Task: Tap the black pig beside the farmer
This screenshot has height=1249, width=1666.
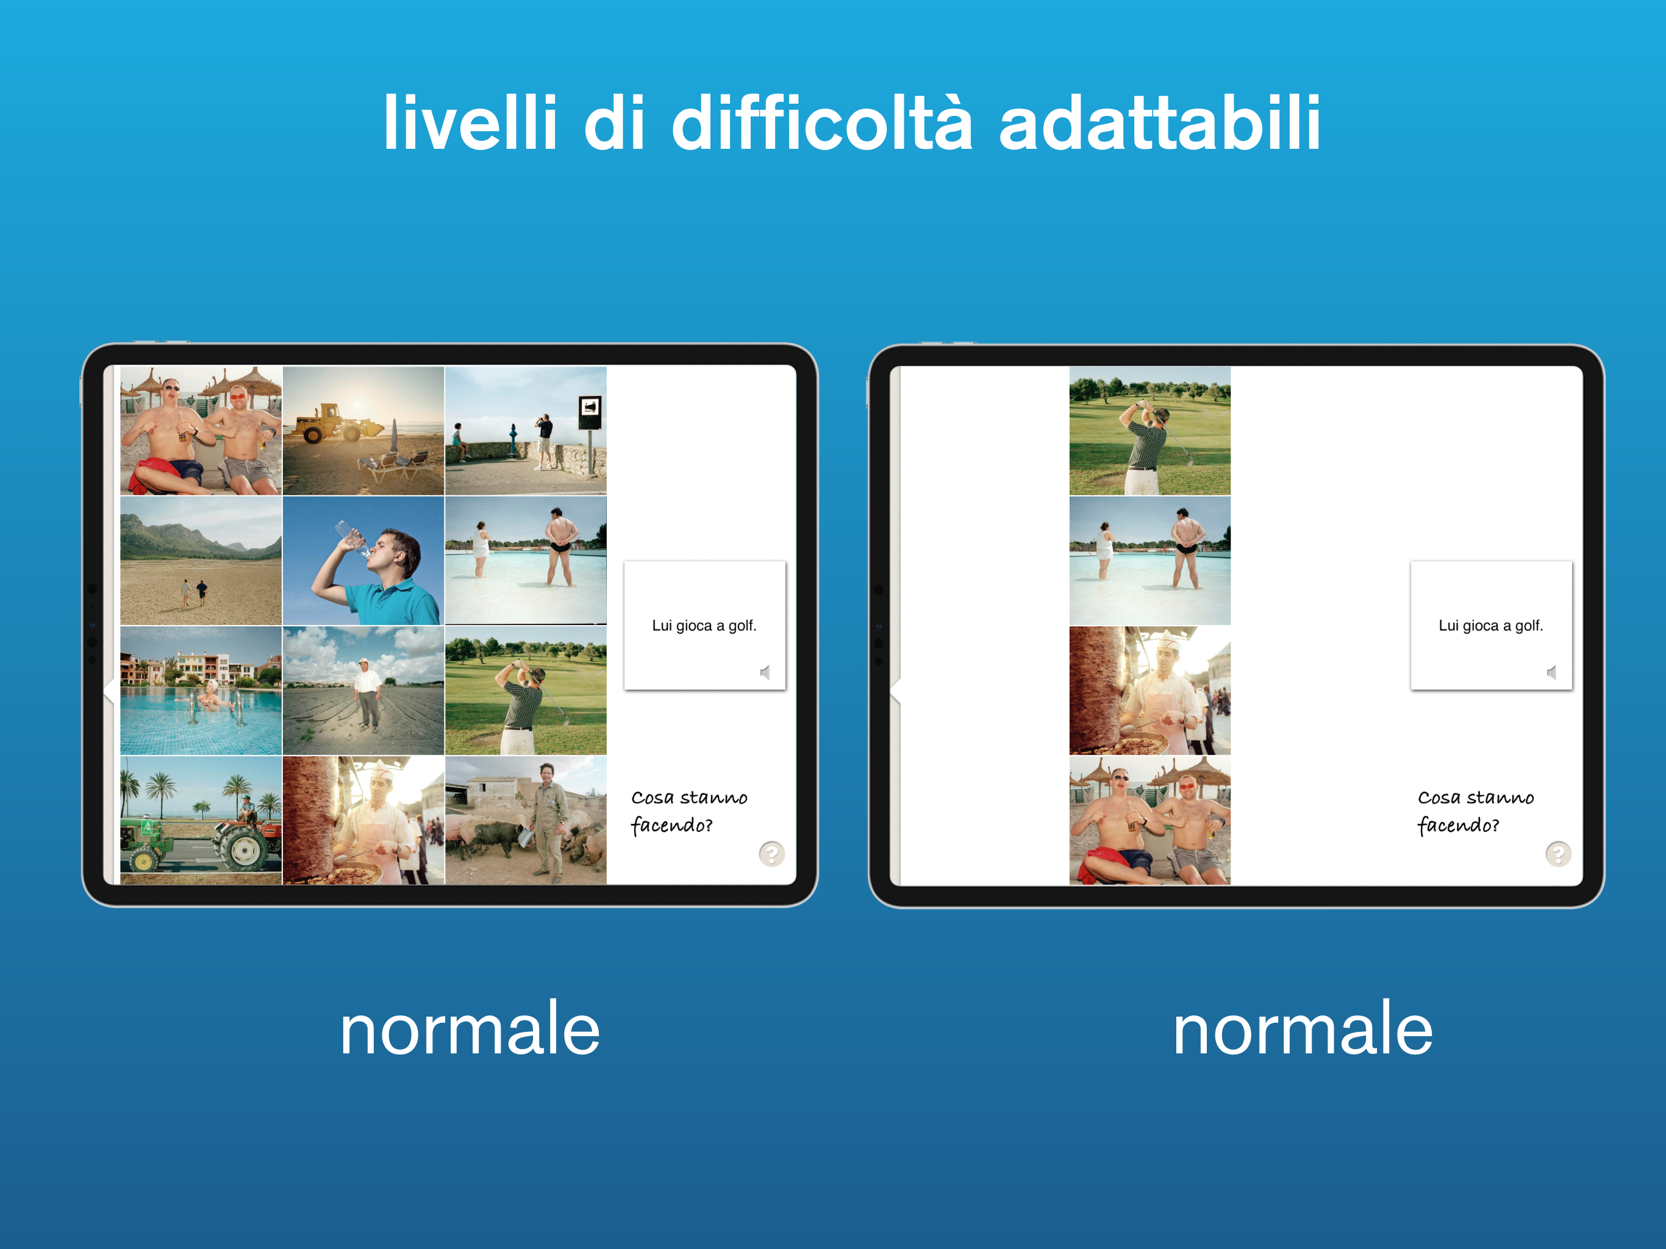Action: tap(494, 836)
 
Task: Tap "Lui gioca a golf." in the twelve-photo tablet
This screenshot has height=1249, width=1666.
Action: tap(704, 625)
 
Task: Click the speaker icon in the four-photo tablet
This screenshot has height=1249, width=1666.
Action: tap(1551, 672)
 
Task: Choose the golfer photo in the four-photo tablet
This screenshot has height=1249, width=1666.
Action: tap(1149, 431)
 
